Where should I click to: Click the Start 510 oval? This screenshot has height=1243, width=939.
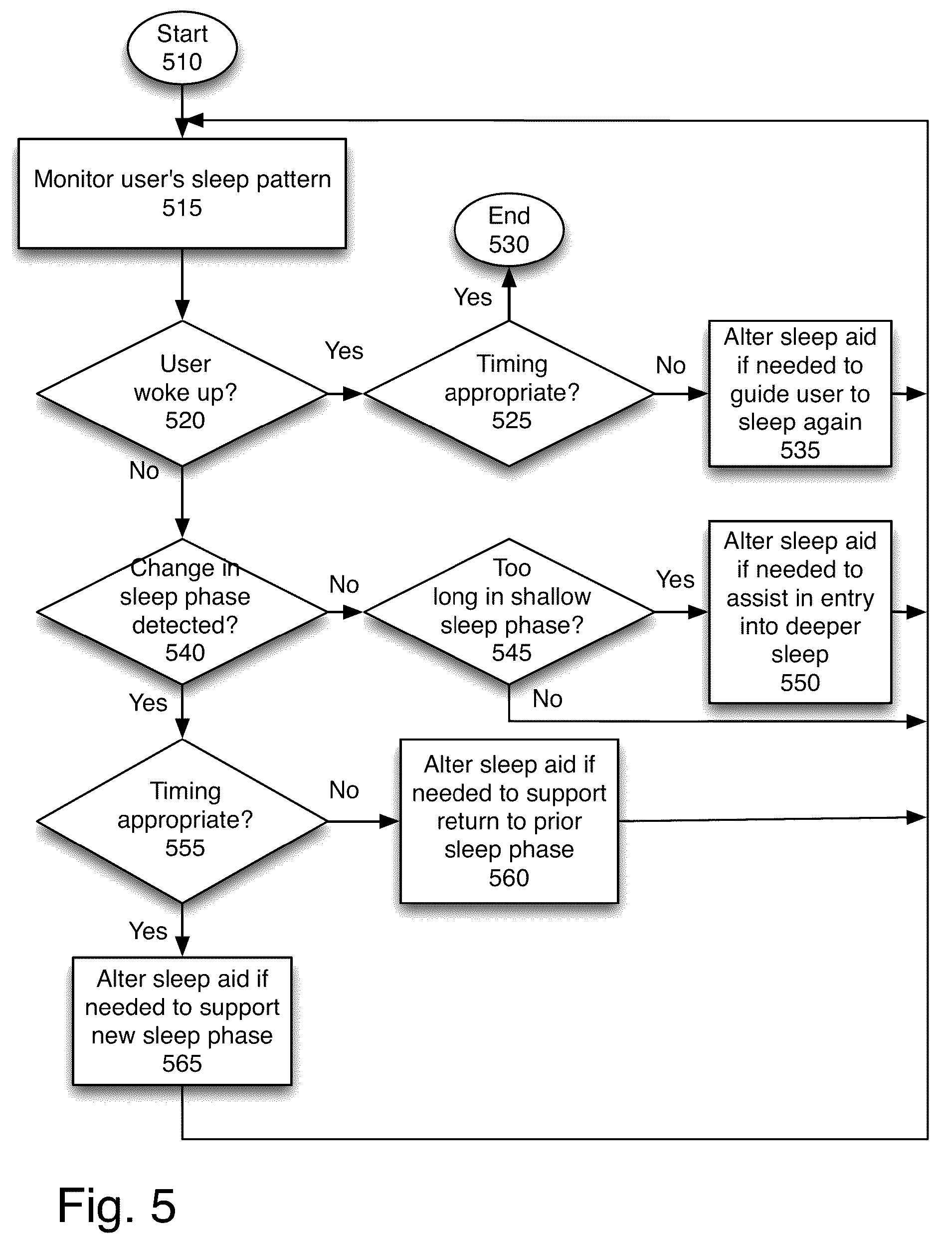click(182, 48)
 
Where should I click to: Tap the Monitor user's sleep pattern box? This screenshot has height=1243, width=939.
click(182, 193)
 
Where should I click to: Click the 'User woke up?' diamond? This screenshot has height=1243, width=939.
click(182, 393)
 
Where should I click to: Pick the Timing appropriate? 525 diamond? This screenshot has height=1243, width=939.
click(509, 393)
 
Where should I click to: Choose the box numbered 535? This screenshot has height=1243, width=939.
click(800, 393)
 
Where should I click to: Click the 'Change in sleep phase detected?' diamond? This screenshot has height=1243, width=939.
click(182, 611)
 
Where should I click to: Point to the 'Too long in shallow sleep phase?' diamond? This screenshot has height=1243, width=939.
click(509, 611)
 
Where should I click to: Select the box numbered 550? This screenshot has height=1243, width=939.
click(800, 611)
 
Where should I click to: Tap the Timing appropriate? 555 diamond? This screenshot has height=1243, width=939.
click(182, 821)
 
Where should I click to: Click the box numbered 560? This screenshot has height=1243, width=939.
click(509, 821)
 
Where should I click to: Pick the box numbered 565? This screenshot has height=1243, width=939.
click(182, 1021)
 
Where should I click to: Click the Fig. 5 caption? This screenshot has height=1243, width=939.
click(117, 1206)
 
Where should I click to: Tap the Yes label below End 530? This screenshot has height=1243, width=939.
click(473, 297)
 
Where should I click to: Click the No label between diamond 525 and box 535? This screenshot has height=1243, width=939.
click(671, 365)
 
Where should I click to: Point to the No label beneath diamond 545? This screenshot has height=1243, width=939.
click(548, 699)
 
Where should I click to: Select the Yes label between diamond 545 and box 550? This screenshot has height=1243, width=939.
click(675, 579)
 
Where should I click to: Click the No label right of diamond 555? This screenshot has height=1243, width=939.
click(344, 790)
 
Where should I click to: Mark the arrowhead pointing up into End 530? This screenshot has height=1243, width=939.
click(509, 276)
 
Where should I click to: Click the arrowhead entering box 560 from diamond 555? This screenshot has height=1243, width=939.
click(390, 821)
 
